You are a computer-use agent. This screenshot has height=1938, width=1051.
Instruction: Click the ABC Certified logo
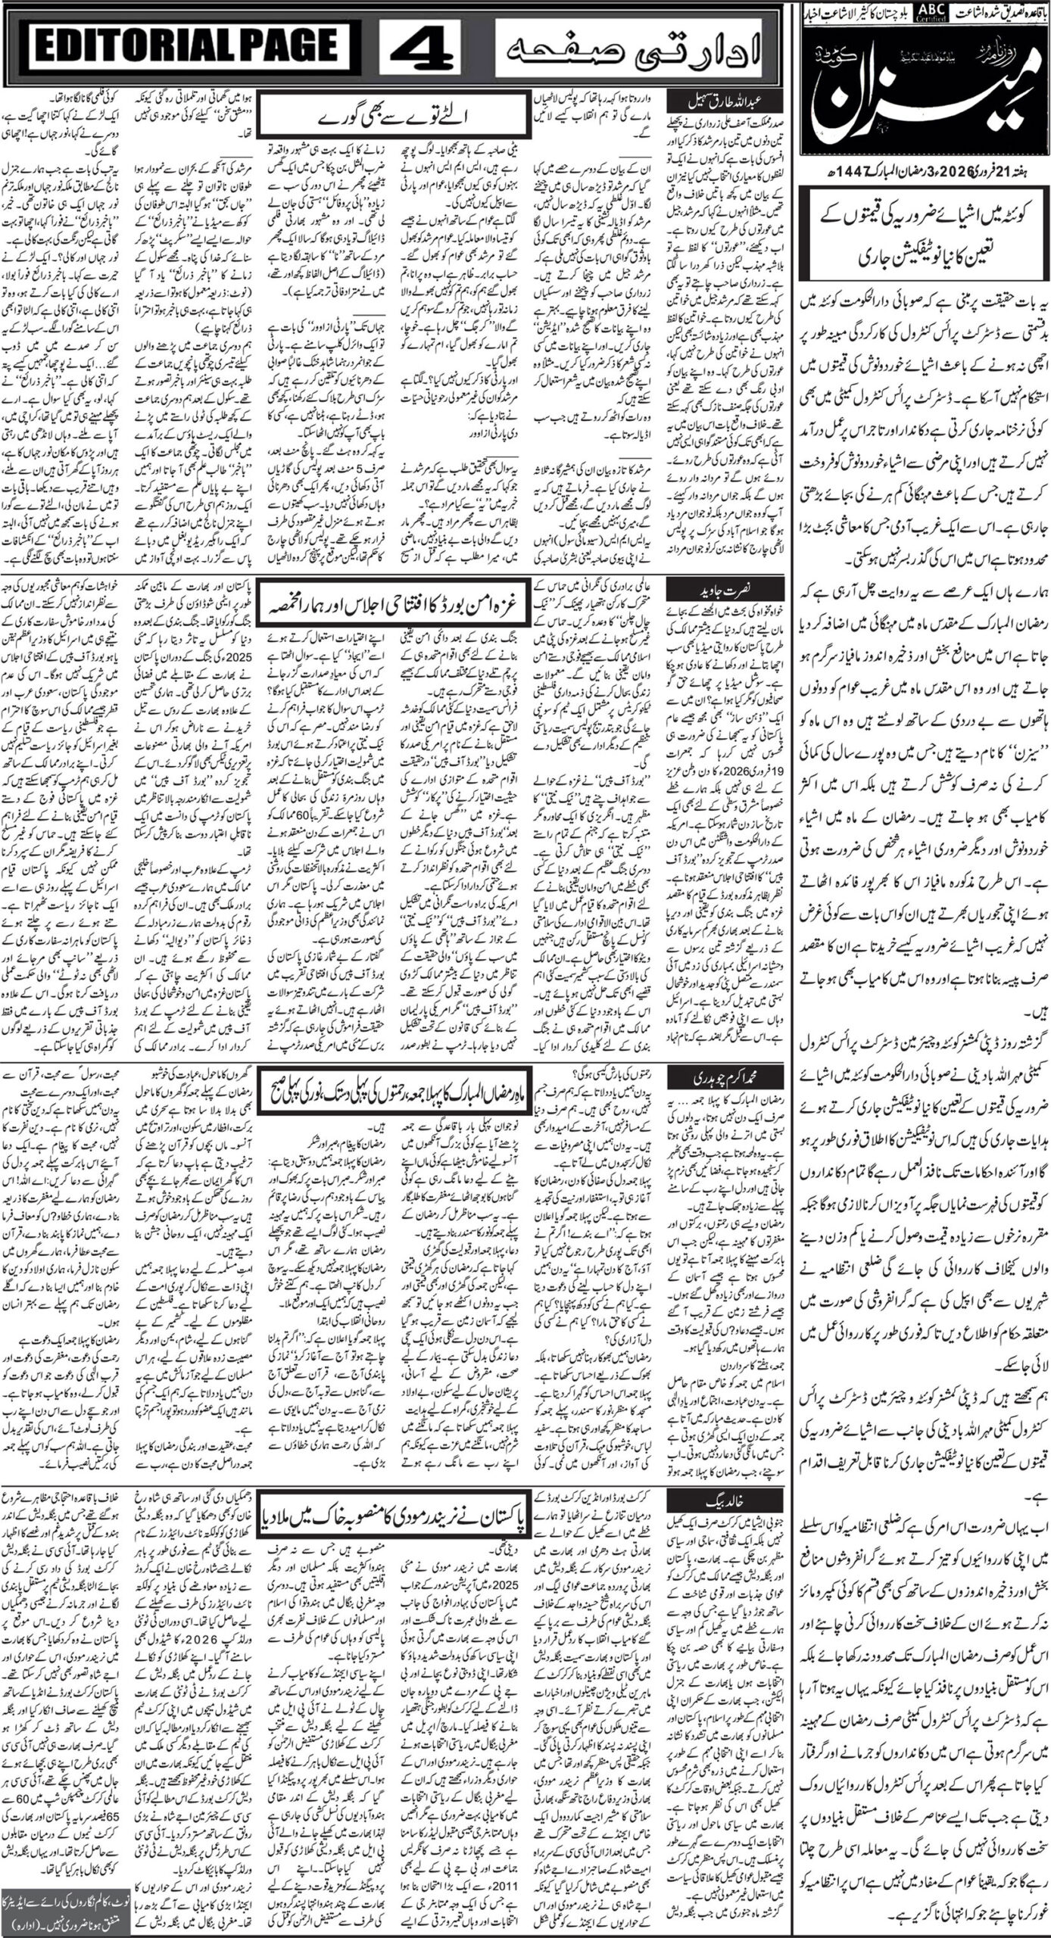coord(926,12)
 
